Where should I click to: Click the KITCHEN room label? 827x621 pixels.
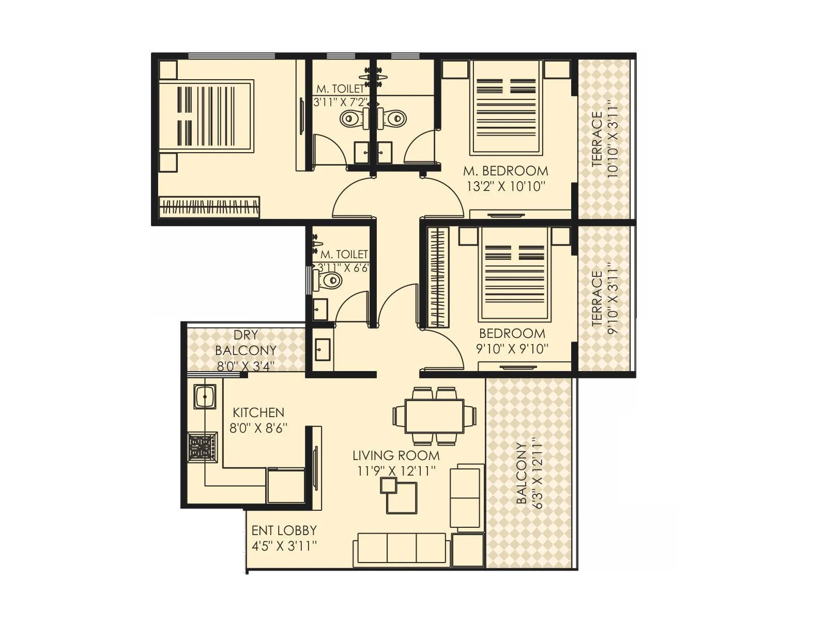[x=258, y=412]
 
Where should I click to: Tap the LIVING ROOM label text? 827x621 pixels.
[x=396, y=455]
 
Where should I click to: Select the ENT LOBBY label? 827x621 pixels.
[x=284, y=530]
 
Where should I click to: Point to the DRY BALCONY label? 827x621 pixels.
[x=246, y=343]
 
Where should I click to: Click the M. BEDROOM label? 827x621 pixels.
[x=506, y=171]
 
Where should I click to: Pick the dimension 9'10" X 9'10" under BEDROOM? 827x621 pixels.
[x=512, y=349]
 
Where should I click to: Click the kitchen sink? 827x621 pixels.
[x=205, y=397]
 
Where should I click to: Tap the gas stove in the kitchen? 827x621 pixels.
[x=202, y=446]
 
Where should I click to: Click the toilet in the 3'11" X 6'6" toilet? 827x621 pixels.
[x=328, y=280]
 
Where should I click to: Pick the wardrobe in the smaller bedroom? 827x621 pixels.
[x=438, y=277]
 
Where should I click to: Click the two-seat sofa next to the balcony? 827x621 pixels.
[x=467, y=497]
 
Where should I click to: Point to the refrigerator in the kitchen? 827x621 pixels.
[x=286, y=484]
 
